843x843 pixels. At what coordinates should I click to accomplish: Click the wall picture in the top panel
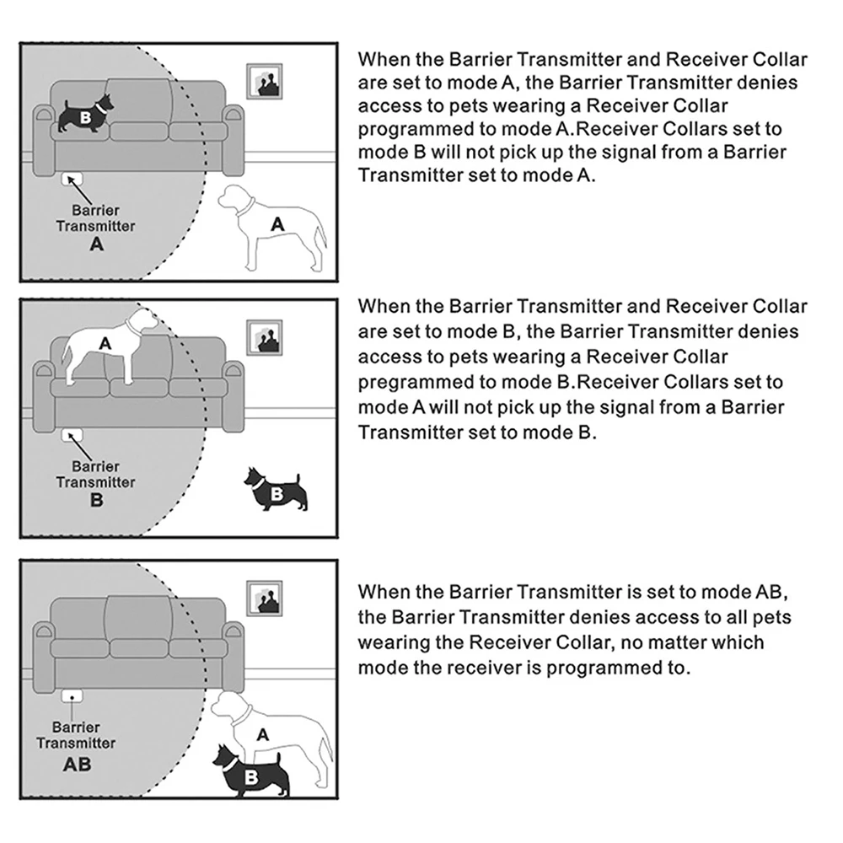(266, 82)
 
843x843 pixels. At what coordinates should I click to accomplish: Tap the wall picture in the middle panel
(266, 338)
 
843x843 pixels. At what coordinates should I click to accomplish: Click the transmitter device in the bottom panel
(73, 696)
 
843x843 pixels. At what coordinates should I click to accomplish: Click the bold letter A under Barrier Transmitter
(96, 244)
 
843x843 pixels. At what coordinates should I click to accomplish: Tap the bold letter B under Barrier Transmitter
(96, 501)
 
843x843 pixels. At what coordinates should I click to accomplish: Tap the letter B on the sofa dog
(86, 117)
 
